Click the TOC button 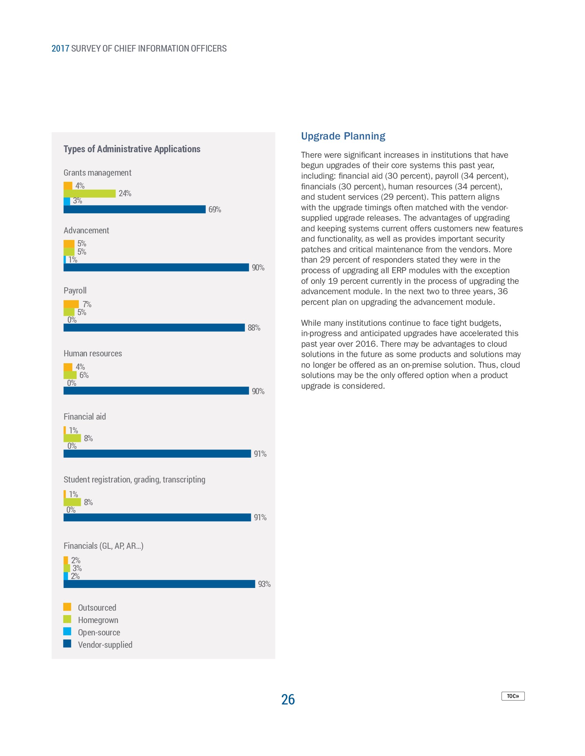[513, 696]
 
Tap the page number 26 [288, 699]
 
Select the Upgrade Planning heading [343, 136]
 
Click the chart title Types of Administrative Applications [132, 149]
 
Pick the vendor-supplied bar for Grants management [135, 209]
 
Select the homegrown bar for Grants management [89, 193]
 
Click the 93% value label [264, 584]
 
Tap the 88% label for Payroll [254, 328]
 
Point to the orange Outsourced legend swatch [67, 607]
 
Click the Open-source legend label [99, 632]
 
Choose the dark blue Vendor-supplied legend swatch [67, 644]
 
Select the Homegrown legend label [98, 620]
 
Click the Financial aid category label [85, 416]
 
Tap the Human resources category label [93, 353]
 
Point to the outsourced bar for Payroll [71, 304]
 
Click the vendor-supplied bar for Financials [159, 584]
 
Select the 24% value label [125, 193]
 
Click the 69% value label [214, 209]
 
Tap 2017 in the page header [60, 48]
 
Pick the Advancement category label [86, 231]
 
